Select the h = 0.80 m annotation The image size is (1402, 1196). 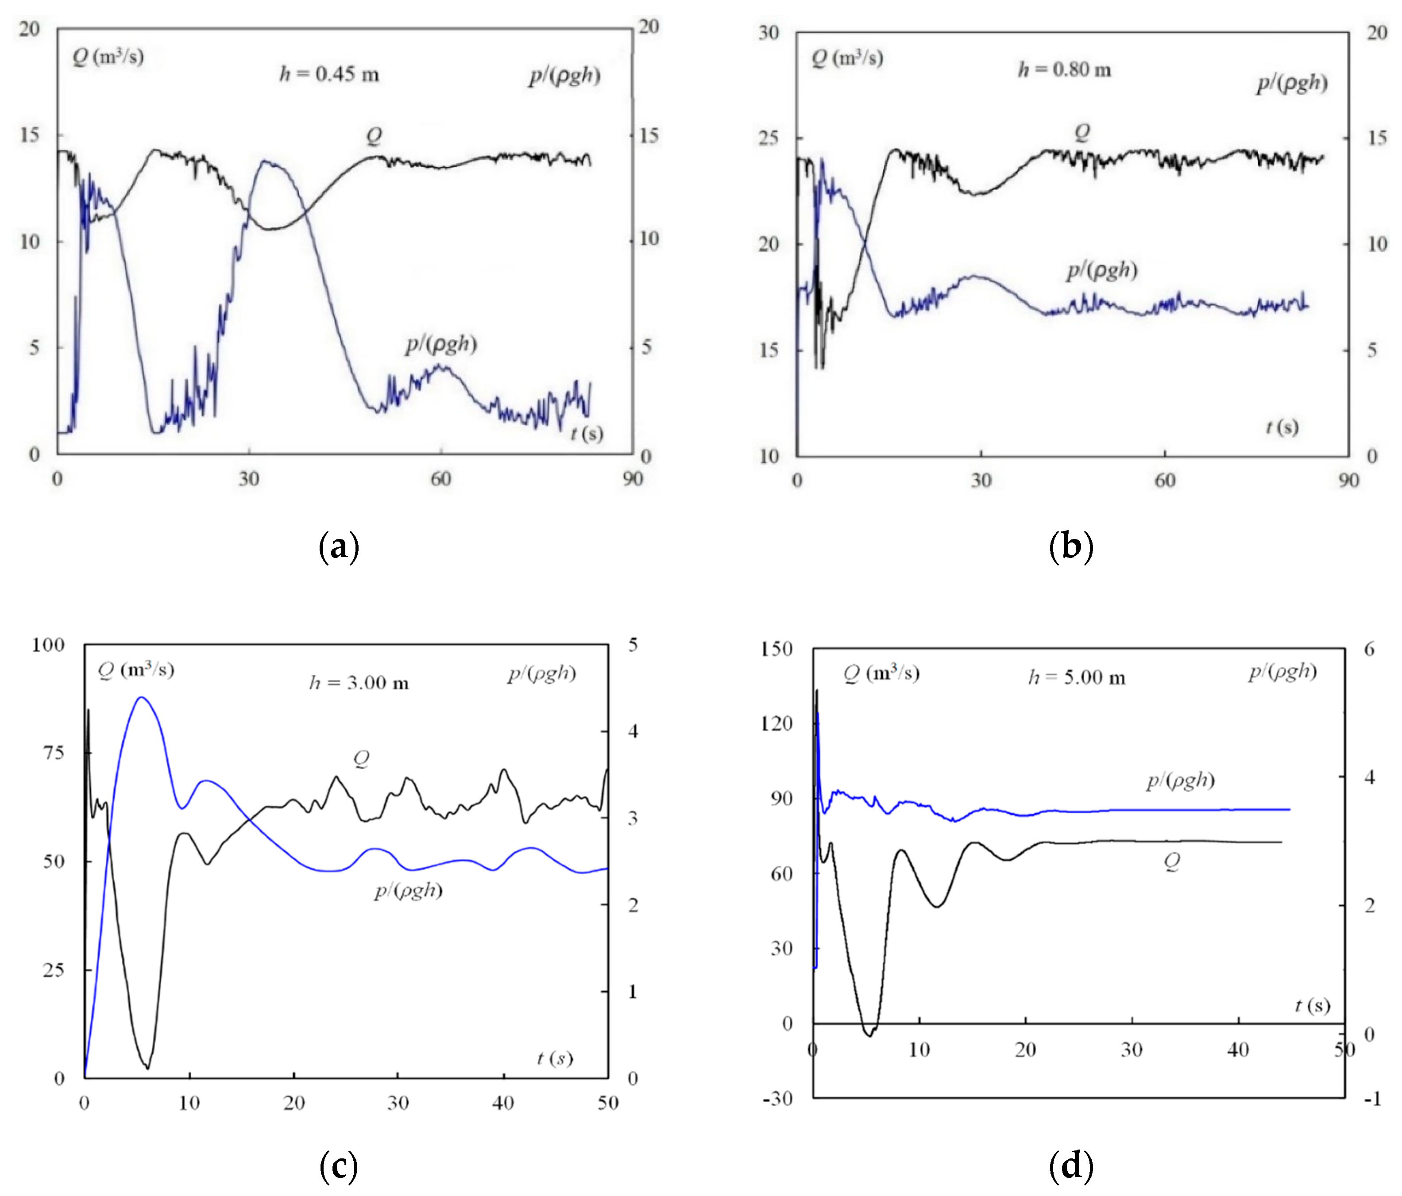pyautogui.click(x=1064, y=69)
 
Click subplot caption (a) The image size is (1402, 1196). pyautogui.click(x=338, y=546)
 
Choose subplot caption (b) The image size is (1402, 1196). pyautogui.click(x=1070, y=546)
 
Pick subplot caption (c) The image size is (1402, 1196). pyautogui.click(x=338, y=1166)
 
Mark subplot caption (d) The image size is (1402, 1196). pyautogui.click(x=1070, y=1166)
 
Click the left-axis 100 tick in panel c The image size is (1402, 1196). pyautogui.click(x=48, y=645)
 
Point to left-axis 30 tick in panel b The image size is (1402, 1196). pyautogui.click(x=769, y=32)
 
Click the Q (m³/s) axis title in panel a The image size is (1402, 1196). pyautogui.click(x=108, y=56)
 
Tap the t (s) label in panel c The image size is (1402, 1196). pyautogui.click(x=555, y=1058)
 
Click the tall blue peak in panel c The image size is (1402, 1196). pyautogui.click(x=141, y=697)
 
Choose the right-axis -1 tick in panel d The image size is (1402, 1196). pyautogui.click(x=1371, y=1099)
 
